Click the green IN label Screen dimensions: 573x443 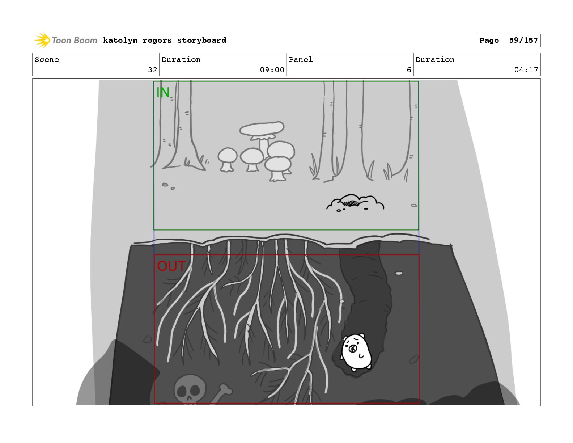pos(162,92)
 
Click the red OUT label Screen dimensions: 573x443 pos(171,266)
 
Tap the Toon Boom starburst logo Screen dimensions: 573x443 pos(42,40)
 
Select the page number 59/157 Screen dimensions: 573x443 pos(523,41)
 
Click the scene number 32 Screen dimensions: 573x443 pos(152,70)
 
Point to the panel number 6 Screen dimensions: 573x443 pos(409,70)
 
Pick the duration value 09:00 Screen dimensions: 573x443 pos(272,70)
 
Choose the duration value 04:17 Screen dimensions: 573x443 pos(526,70)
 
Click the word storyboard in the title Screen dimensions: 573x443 pos(201,41)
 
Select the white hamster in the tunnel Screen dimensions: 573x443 pos(356,352)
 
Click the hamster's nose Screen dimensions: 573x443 pos(353,349)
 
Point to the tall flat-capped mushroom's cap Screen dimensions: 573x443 pos(262,128)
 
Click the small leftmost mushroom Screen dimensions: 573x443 pos(227,159)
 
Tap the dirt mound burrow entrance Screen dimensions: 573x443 pos(355,202)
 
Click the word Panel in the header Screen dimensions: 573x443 pos(301,60)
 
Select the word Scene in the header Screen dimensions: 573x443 pos(47,60)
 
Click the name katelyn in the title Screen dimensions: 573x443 pos(120,41)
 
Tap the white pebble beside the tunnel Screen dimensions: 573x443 pos(399,273)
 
